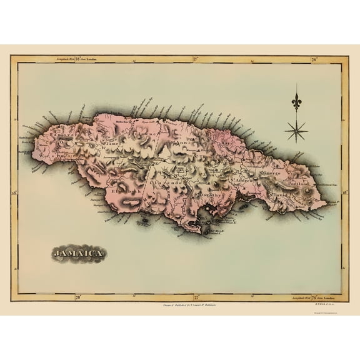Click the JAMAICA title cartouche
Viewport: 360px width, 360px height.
tap(77, 254)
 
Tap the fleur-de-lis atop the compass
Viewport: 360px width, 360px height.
tap(296, 101)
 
